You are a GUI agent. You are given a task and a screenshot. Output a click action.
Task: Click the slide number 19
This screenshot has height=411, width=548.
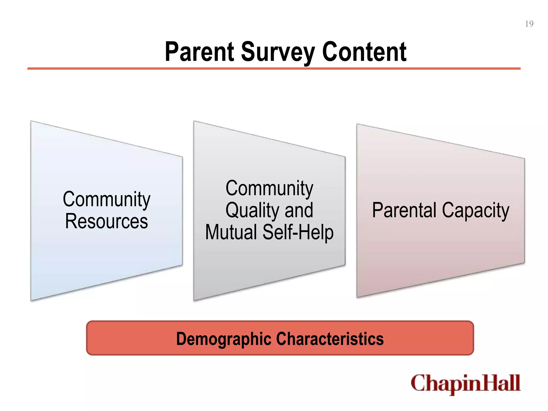pos(529,24)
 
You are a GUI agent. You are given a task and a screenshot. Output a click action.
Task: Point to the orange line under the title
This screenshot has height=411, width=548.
pos(274,69)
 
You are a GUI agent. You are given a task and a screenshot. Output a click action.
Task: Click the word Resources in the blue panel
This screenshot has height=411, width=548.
pos(106,221)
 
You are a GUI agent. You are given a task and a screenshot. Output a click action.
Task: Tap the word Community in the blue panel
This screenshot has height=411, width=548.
pos(106,199)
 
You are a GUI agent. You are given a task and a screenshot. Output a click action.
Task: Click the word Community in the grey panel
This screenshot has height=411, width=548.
pos(269,188)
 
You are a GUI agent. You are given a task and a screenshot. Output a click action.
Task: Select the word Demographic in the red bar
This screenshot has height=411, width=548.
pos(224,339)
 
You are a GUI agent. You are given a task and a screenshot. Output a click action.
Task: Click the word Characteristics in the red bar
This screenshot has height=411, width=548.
pos(330,339)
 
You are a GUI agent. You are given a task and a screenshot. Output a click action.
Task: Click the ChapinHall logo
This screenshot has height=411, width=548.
pos(465,384)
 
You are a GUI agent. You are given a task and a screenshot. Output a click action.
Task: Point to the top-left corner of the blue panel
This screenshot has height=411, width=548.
pos(32,122)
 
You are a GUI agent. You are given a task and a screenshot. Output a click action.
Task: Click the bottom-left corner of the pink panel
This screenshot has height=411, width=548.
pos(357,296)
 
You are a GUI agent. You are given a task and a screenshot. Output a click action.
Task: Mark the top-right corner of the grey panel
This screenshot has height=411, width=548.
pos(345,157)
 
